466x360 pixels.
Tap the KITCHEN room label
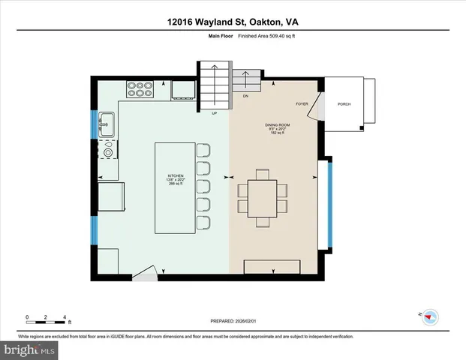(174, 177)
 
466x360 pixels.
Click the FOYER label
(302, 105)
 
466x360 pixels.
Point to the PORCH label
(344, 104)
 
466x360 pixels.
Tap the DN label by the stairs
(245, 97)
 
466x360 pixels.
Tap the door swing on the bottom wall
(150, 271)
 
